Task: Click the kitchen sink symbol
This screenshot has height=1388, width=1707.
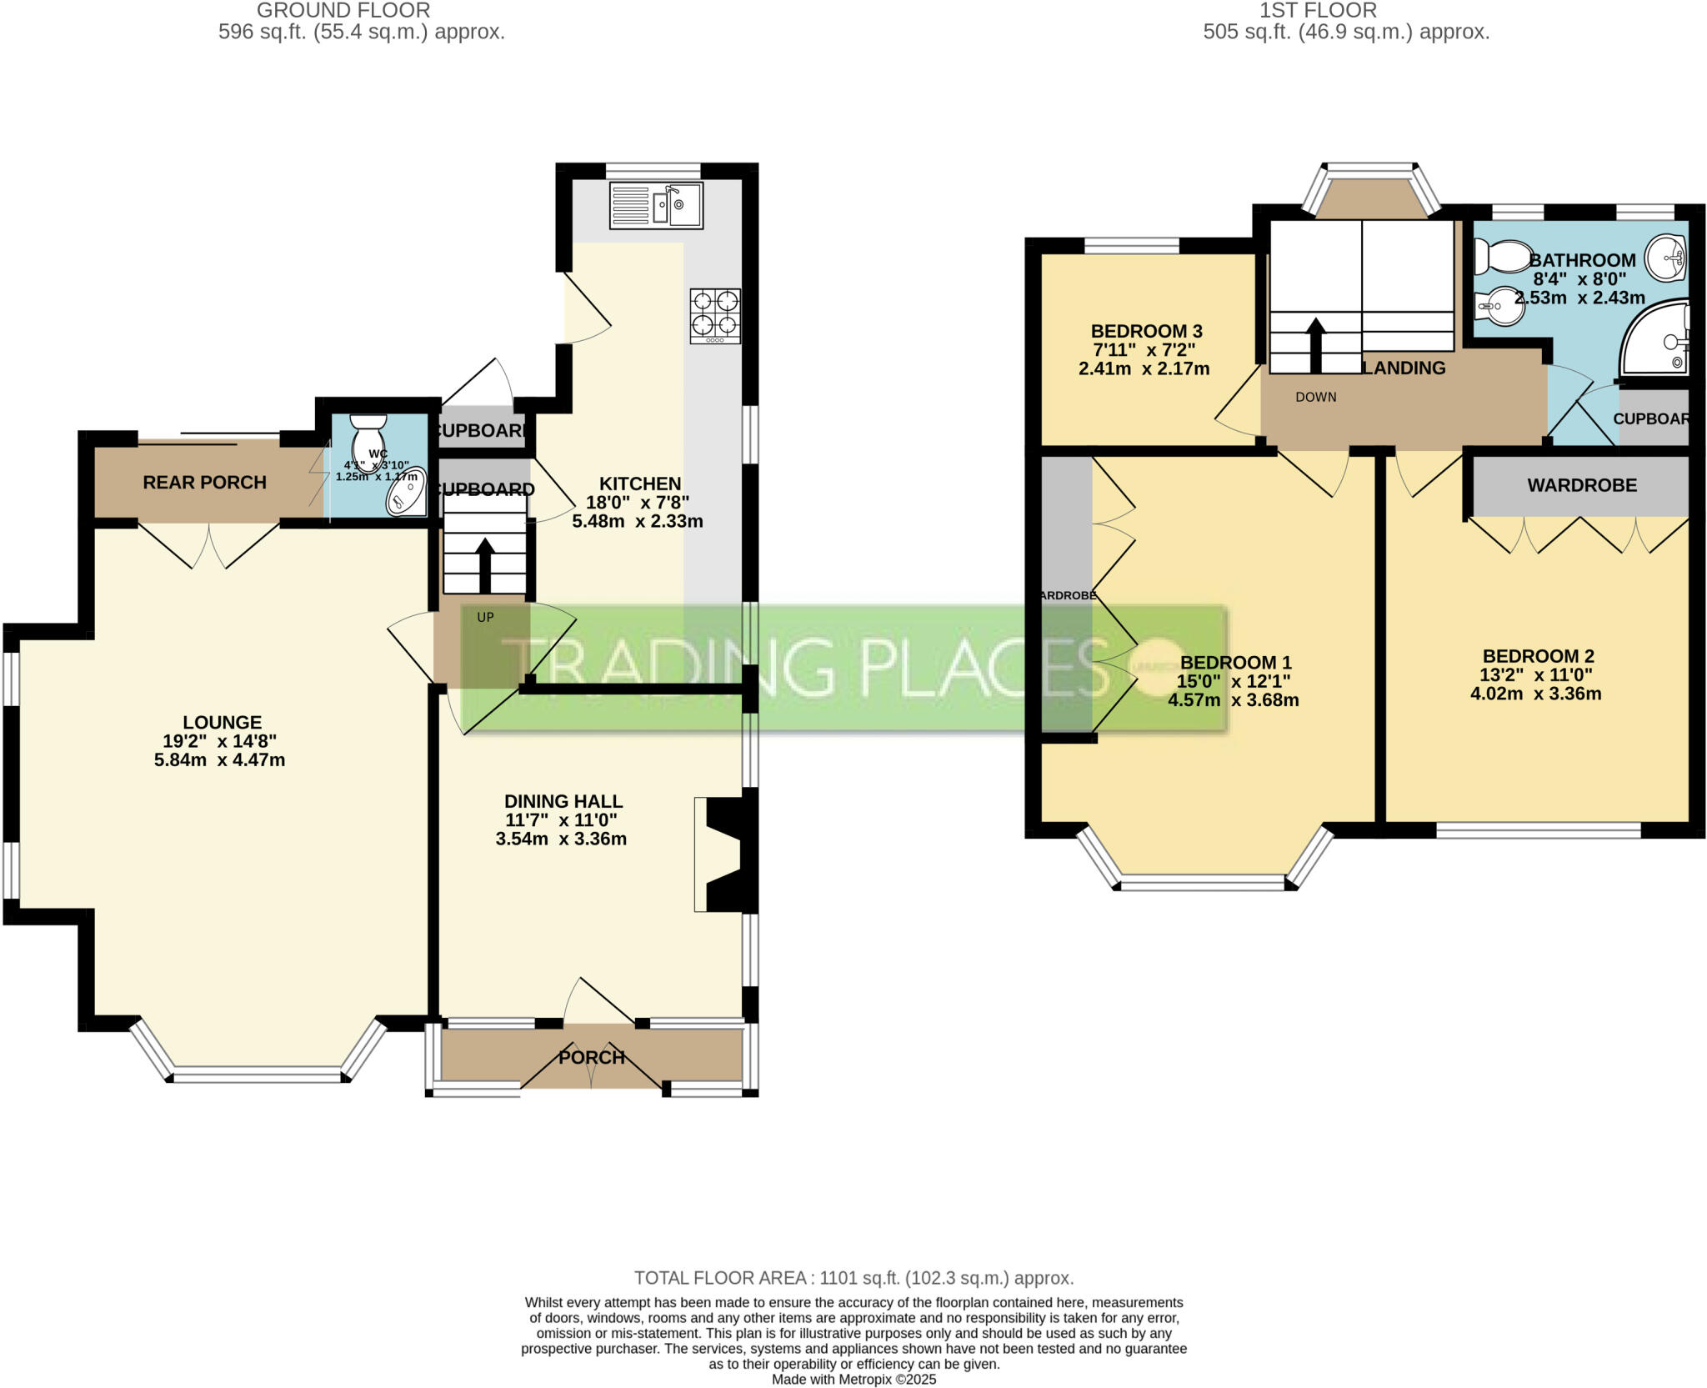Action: [657, 205]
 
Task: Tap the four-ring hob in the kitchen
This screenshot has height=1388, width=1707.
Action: [715, 315]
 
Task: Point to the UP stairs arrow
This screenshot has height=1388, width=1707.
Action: [484, 557]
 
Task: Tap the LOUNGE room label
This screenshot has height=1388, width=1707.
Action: [222, 723]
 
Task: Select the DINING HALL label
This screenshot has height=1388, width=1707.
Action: [563, 801]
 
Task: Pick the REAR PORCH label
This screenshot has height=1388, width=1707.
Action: [204, 483]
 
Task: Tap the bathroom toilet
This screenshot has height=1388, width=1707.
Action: [1498, 256]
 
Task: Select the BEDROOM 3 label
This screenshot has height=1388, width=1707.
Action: [1146, 331]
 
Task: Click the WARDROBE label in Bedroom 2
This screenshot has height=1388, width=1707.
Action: [1581, 485]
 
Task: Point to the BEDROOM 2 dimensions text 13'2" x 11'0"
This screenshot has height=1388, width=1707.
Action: [1536, 675]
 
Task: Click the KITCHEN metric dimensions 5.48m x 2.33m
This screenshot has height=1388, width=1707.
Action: [638, 522]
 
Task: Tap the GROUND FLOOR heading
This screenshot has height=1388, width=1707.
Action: [343, 11]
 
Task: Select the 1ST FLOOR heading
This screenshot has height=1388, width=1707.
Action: [1329, 11]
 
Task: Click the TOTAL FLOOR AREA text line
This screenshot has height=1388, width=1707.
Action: [853, 1278]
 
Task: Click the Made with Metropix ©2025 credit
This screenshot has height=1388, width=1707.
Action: [853, 1380]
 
